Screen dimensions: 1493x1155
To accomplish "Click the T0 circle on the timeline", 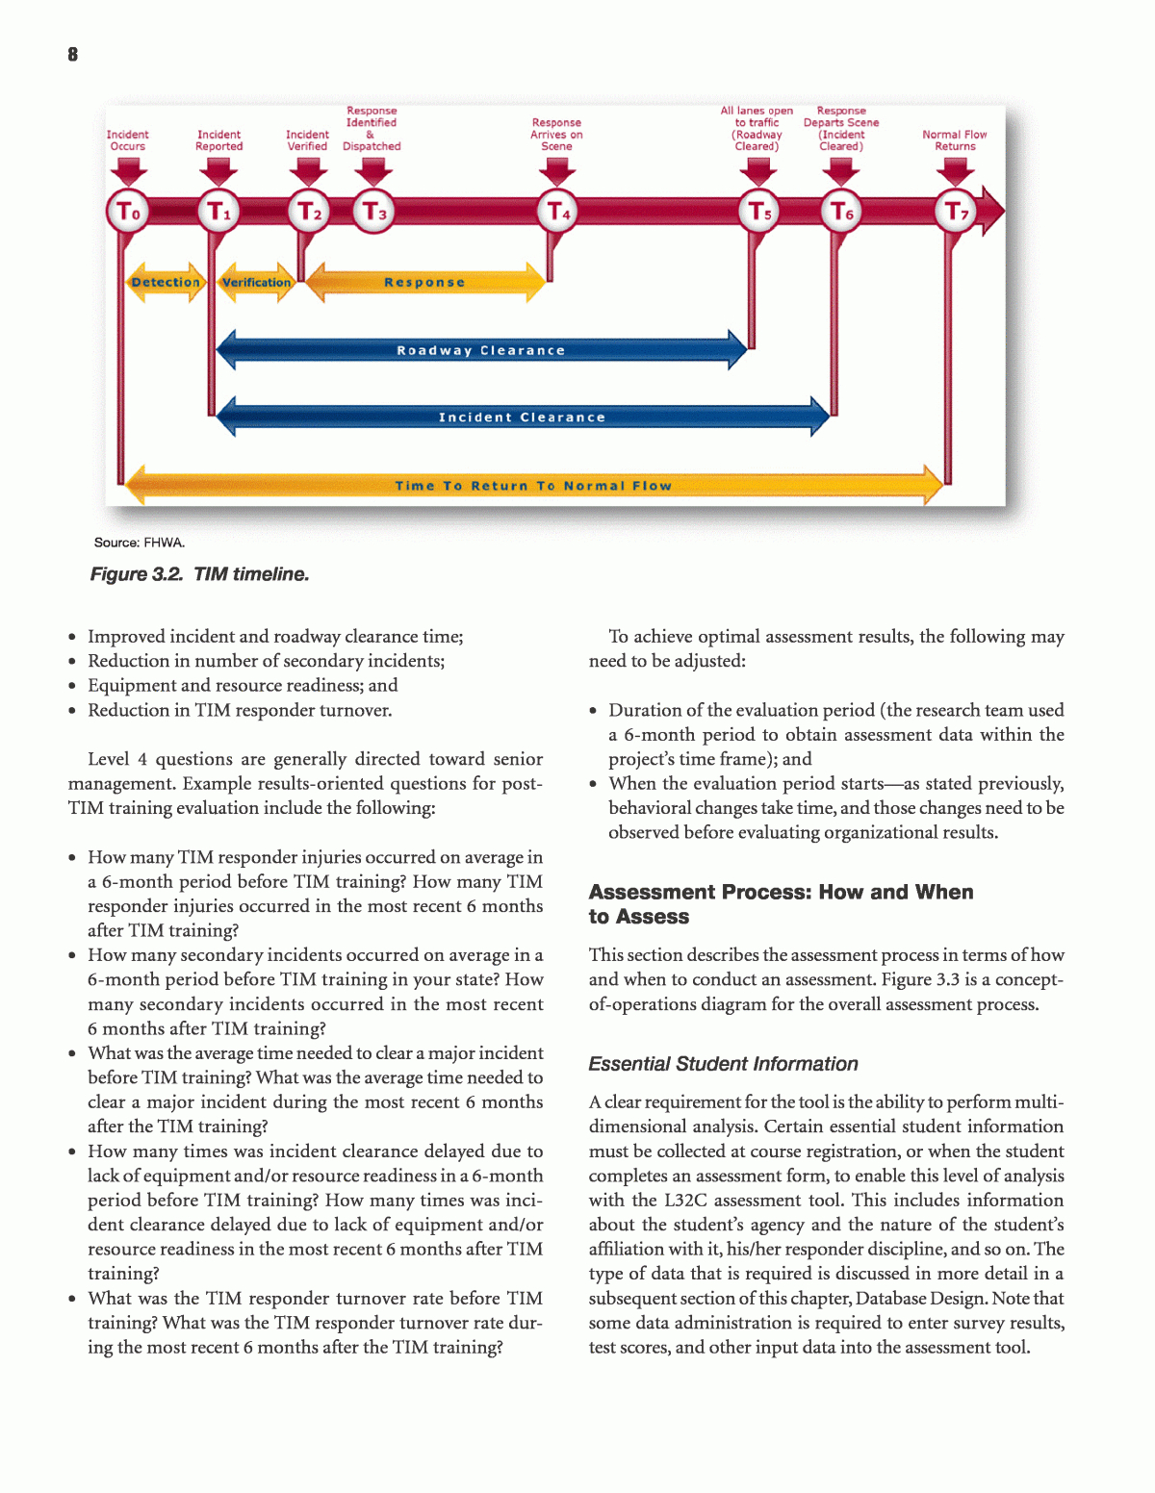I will tap(128, 212).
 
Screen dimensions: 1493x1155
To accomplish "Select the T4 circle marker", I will tap(558, 212).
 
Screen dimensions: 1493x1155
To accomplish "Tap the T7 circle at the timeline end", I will tap(956, 212).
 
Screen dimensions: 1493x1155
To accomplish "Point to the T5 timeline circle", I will tap(759, 212).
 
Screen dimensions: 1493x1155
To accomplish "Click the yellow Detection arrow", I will tap(166, 282).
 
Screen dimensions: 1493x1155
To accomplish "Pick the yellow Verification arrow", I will tap(257, 282).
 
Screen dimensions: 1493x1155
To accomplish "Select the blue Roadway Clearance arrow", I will tap(481, 350).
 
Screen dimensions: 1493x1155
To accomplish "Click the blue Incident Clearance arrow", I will tap(523, 417).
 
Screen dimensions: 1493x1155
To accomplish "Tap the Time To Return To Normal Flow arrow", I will tap(533, 486).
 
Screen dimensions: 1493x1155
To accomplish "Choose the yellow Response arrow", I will tap(424, 282).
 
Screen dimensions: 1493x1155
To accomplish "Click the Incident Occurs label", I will tap(127, 140).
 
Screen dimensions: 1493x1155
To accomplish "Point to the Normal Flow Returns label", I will tap(955, 140).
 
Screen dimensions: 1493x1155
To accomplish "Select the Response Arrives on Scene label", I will tap(556, 135).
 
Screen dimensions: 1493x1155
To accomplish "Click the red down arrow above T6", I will tap(842, 171).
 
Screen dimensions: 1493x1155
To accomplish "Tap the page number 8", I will tap(73, 55).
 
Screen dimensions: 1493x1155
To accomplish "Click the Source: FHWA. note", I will tap(140, 543).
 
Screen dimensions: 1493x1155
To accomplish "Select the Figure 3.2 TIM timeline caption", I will tap(199, 574).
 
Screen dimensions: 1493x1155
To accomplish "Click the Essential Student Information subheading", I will tap(723, 1064).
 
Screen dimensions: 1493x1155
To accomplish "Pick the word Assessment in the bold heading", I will tap(653, 892).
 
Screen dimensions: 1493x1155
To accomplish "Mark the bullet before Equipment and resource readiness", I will tap(73, 687).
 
